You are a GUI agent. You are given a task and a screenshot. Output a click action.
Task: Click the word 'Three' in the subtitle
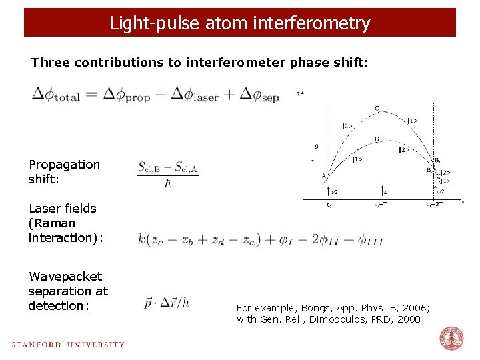(50, 63)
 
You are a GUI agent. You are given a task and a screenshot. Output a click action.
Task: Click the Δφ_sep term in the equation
(259, 95)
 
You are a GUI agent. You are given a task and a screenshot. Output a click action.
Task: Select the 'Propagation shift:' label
(64, 171)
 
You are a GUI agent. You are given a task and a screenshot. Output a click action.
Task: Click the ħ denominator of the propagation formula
(167, 183)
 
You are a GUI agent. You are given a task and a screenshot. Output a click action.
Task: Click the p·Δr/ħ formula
(167, 302)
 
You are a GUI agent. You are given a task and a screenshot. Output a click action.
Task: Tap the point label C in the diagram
(377, 109)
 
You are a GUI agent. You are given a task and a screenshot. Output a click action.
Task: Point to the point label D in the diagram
(377, 139)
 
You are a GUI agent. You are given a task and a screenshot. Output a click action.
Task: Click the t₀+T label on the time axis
(380, 205)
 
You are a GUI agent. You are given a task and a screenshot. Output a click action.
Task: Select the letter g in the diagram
(317, 146)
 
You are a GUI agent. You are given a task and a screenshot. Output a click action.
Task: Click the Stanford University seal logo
(451, 339)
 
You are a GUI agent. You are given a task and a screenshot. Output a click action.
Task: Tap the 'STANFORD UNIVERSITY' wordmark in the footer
(68, 345)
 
